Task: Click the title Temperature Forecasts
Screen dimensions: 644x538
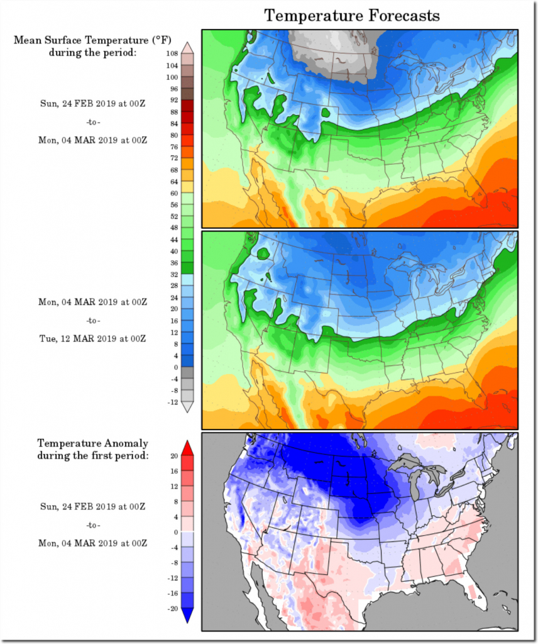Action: pyautogui.click(x=351, y=15)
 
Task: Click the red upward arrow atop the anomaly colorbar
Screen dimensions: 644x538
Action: pyautogui.click(x=187, y=448)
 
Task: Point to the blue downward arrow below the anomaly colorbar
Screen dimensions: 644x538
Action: pyautogui.click(x=187, y=616)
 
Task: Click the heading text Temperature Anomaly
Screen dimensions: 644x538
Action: pyautogui.click(x=92, y=443)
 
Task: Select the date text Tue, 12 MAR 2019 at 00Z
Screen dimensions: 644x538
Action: pyautogui.click(x=92, y=338)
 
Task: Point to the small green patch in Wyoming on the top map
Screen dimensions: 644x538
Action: pyautogui.click(x=326, y=113)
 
